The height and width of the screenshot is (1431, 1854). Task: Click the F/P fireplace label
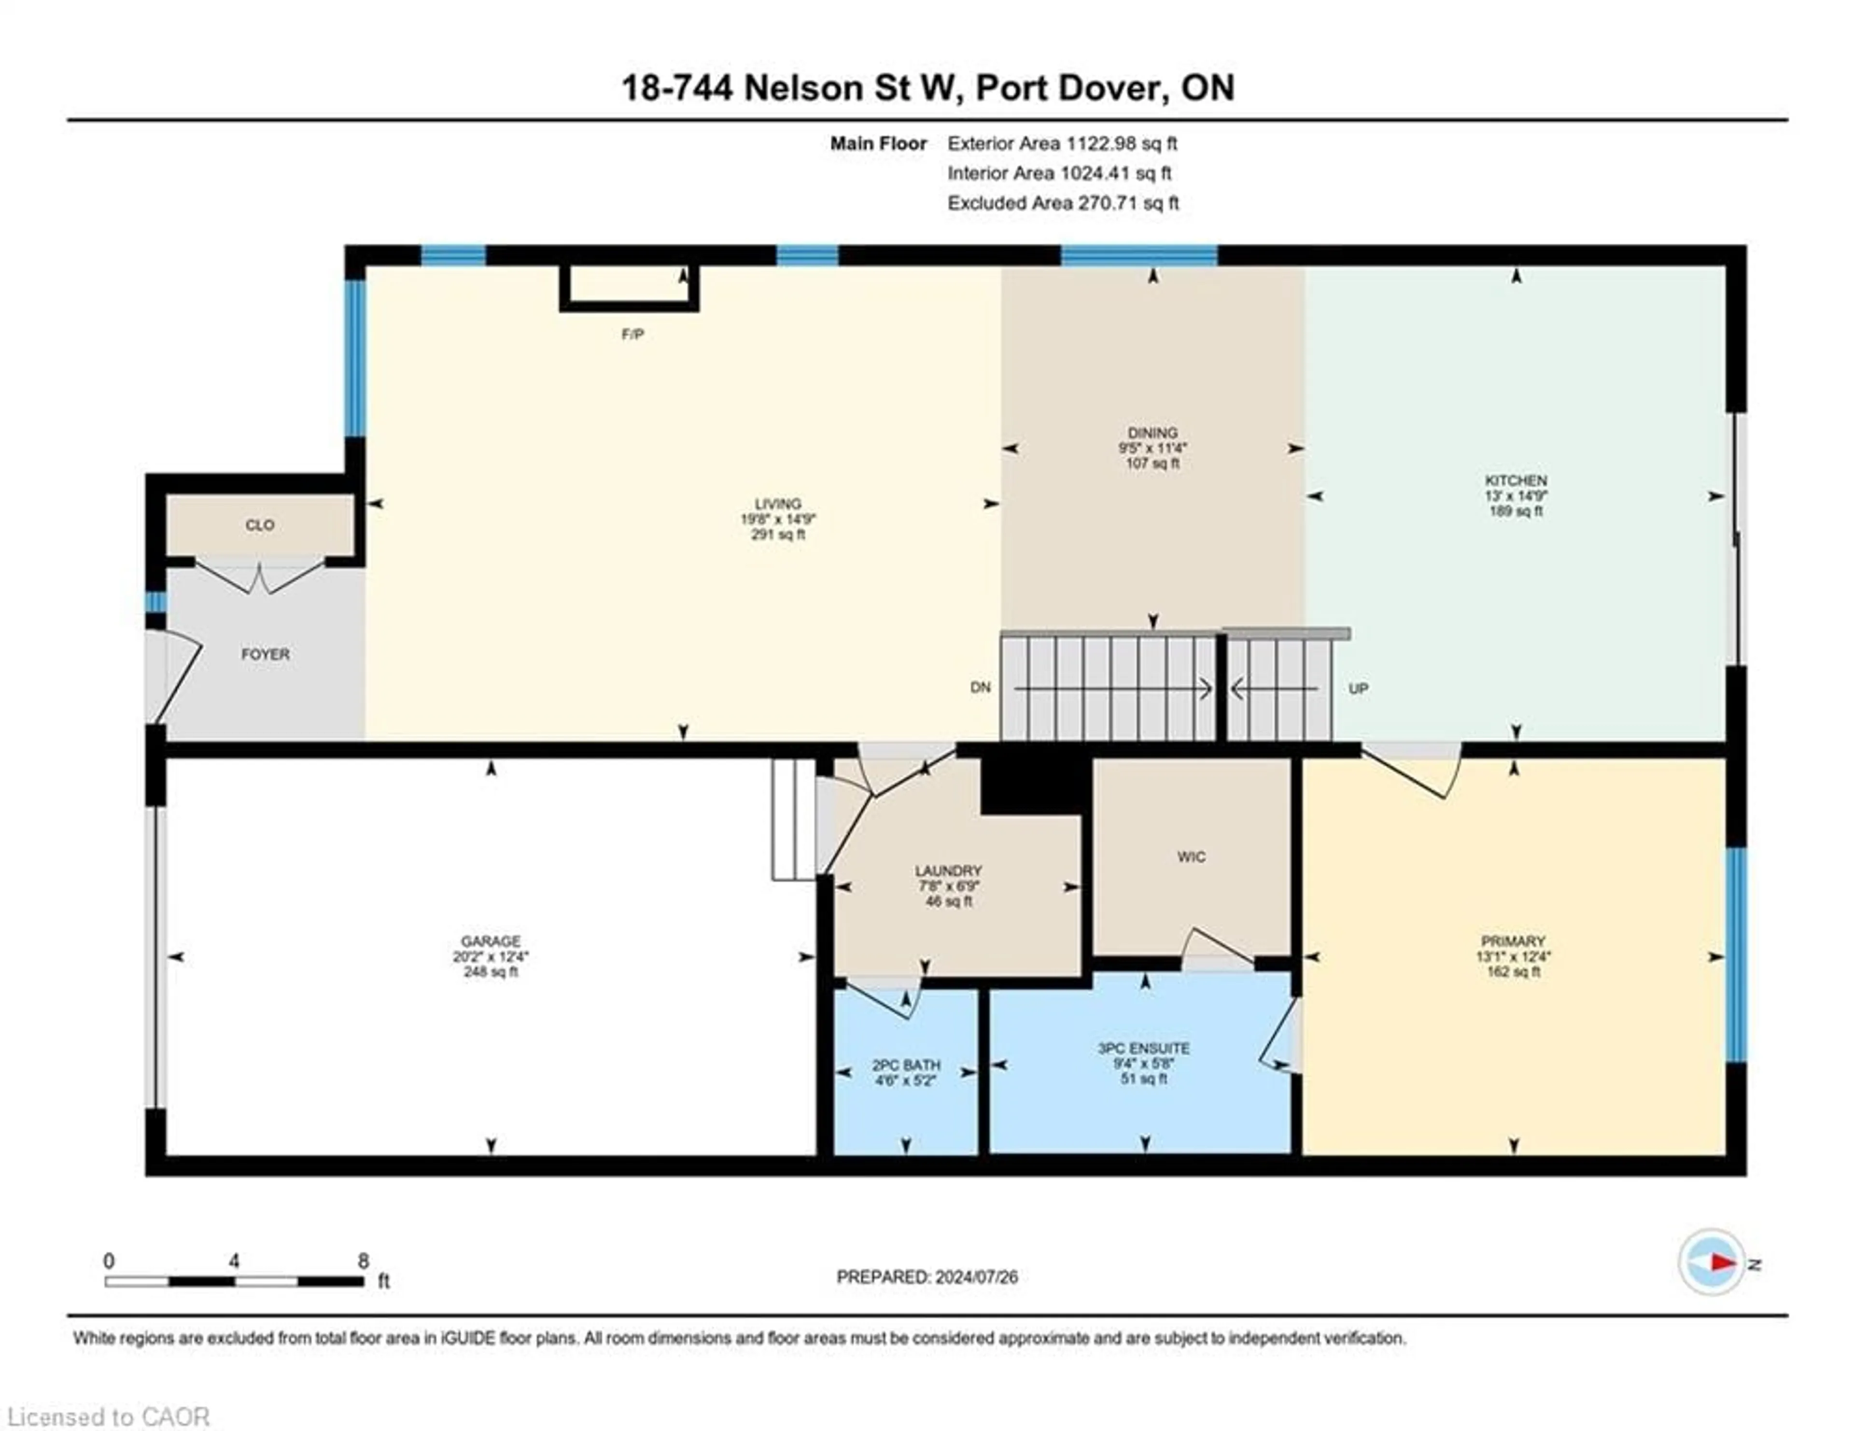click(x=632, y=335)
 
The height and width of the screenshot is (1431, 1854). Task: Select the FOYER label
click(x=266, y=654)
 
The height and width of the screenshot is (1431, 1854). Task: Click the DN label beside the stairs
click(x=981, y=687)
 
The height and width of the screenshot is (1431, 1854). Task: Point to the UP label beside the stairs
click(x=1358, y=688)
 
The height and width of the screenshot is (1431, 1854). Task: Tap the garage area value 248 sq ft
click(x=491, y=972)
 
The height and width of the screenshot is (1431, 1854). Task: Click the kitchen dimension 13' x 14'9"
click(x=1516, y=496)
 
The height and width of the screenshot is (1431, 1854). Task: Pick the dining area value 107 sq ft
click(x=1153, y=463)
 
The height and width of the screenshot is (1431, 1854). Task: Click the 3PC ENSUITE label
click(x=1143, y=1048)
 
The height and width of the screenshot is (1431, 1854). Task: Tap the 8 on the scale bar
click(x=364, y=1261)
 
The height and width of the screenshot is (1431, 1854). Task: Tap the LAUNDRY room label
click(x=948, y=871)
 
